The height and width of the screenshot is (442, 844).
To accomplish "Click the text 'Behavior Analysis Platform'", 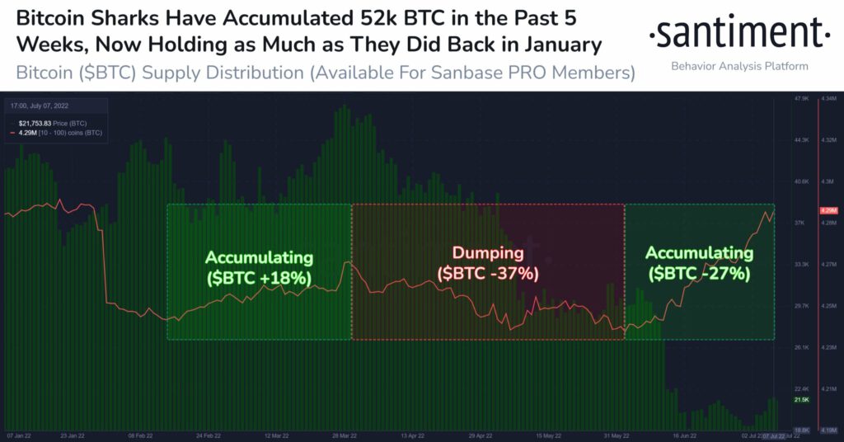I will coord(739,65).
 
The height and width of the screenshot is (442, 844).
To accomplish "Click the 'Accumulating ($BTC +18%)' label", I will coord(259,268).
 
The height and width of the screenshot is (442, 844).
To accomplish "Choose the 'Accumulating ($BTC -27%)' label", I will coord(699,262).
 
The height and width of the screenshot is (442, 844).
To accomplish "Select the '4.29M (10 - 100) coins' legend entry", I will coord(56,131).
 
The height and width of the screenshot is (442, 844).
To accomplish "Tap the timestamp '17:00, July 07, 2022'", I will coord(40,106).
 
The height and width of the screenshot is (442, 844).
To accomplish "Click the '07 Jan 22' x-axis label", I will coord(21,435).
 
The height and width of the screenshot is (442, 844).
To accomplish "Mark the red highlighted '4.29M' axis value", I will coord(828,211).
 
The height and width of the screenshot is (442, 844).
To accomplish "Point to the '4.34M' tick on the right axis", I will coord(829,99).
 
